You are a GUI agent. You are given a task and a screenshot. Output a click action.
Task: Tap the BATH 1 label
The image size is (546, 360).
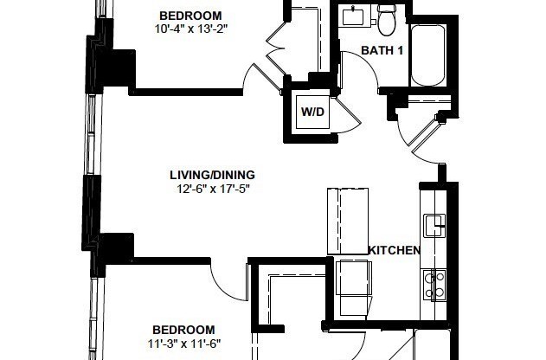(x=382, y=51)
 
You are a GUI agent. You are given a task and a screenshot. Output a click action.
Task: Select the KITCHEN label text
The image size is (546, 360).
(x=394, y=251)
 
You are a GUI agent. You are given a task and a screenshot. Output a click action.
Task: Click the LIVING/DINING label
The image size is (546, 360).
(x=213, y=175)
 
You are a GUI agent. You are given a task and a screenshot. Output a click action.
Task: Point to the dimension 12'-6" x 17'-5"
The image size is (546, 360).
(x=213, y=188)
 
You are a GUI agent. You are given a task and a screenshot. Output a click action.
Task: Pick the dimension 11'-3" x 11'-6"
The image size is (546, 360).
(x=184, y=343)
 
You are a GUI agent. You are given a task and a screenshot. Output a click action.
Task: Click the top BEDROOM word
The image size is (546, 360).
(x=190, y=16)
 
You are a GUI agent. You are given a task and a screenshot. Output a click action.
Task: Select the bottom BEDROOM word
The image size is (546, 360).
(x=183, y=330)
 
